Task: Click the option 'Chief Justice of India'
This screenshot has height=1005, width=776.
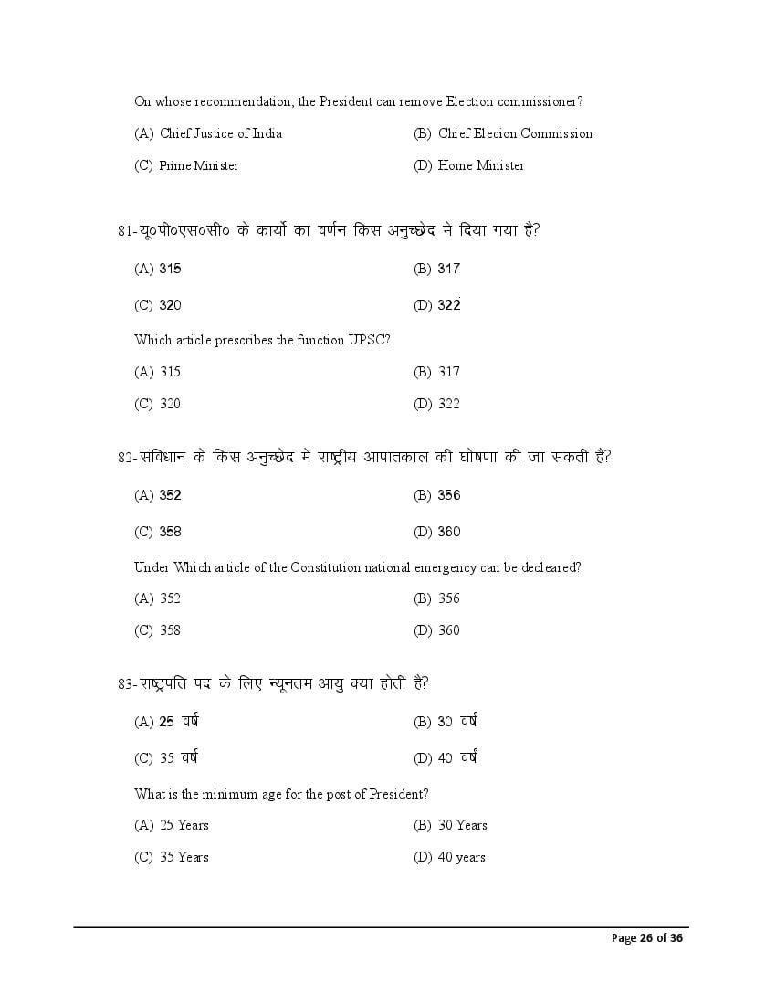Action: pos(220,133)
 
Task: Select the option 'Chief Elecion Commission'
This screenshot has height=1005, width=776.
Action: pos(515,133)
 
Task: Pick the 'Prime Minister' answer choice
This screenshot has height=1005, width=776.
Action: pos(198,165)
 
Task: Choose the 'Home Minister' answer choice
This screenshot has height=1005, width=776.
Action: pos(481,165)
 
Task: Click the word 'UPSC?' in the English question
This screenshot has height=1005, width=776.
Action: pos(370,340)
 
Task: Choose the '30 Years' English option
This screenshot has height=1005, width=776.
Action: pos(462,825)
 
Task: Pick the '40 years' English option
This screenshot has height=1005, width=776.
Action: pos(461,857)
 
